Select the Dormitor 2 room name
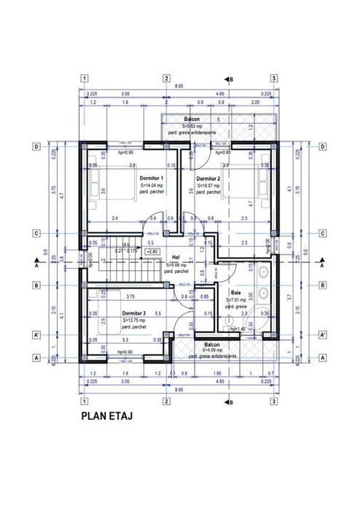coord(208,178)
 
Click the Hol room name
coord(175,257)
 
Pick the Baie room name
coord(236,291)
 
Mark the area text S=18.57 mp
coord(209,186)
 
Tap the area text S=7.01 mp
coord(236,299)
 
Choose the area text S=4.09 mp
coord(212,350)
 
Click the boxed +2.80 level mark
coord(153,251)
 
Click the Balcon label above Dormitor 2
coord(192,119)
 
